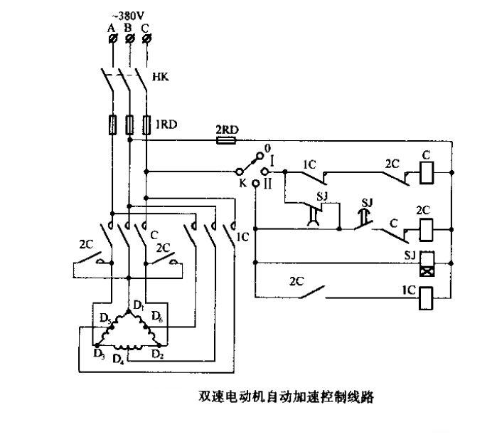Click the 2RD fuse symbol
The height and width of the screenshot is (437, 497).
225,141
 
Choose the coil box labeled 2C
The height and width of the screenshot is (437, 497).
428,229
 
